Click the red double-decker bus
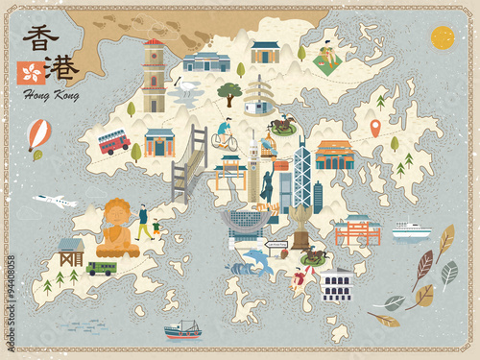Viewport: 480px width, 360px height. click(113, 142)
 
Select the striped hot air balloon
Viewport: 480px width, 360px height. click(38, 134)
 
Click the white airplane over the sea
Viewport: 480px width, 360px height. click(55, 202)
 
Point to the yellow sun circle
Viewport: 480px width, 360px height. click(443, 37)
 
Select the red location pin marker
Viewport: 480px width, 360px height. click(375, 127)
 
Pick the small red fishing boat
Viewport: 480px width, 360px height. click(182, 329)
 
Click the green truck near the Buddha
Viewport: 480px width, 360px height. click(101, 268)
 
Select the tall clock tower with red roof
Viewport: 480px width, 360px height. click(154, 77)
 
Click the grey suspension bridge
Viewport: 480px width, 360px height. click(189, 168)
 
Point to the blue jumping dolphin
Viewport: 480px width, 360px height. click(255, 258)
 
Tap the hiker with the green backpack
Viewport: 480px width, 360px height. click(143, 221)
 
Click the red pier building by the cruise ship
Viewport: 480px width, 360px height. click(357, 230)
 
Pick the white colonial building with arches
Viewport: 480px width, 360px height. click(337, 284)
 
